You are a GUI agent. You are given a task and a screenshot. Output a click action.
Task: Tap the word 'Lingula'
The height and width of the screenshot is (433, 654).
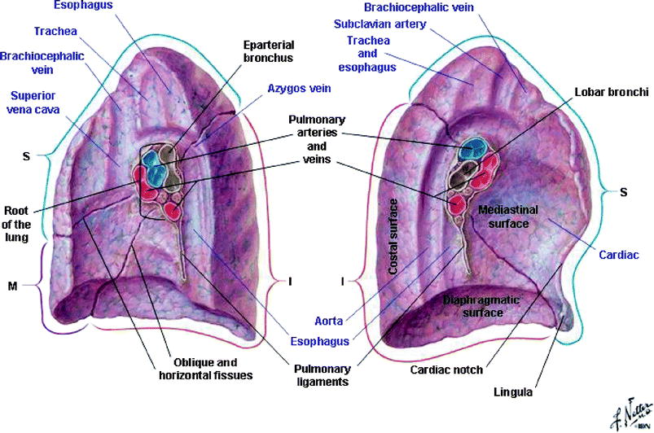(513, 391)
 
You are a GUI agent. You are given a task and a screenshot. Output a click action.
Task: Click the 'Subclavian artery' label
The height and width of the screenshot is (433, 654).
(380, 24)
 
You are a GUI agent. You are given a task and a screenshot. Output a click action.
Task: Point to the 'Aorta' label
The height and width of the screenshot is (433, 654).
(331, 321)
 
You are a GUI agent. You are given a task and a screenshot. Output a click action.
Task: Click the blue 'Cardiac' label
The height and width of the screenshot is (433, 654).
(619, 255)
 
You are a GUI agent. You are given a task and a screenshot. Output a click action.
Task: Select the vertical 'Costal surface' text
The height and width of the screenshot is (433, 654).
(394, 235)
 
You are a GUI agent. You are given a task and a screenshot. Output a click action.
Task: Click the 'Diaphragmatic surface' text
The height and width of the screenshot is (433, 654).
(480, 306)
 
